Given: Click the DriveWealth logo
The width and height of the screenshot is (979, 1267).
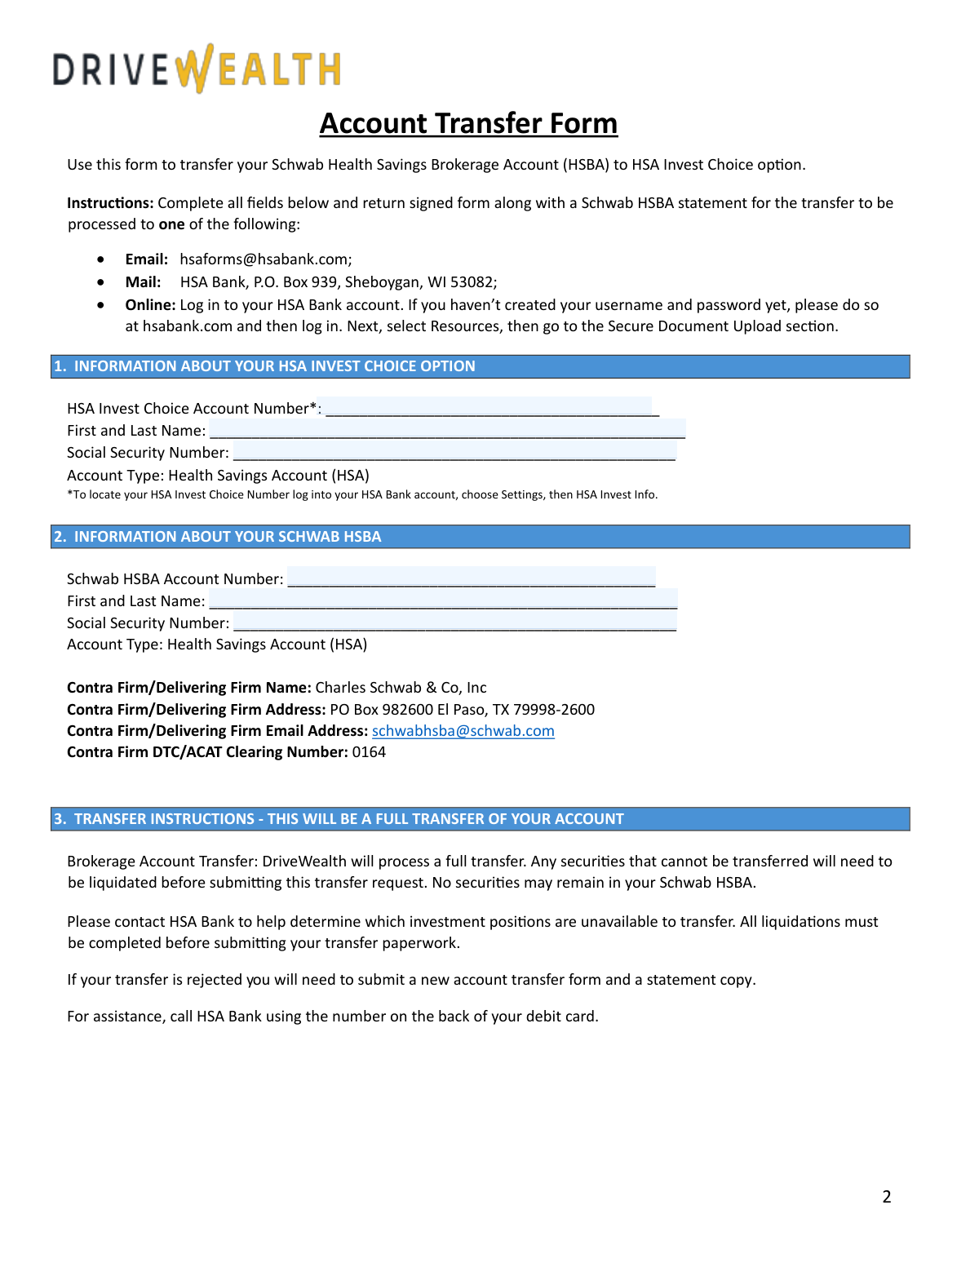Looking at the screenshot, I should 197,69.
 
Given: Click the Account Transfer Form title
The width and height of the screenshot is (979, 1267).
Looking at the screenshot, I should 468,124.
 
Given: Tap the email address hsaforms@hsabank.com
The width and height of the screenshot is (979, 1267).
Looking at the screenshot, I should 266,259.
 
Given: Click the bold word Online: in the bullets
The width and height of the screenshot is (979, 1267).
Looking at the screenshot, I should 150,305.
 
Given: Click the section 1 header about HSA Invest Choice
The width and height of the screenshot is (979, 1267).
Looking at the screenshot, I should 480,366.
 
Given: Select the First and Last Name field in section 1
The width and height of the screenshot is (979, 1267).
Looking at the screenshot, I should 446,430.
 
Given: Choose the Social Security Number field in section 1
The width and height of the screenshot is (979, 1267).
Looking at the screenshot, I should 454,452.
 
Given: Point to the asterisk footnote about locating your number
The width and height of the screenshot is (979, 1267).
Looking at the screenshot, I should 362,494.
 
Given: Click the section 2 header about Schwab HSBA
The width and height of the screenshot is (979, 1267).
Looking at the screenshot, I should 480,537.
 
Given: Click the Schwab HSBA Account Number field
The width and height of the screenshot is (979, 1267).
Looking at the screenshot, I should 471,578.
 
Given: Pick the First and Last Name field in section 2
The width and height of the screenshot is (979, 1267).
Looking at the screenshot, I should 442,600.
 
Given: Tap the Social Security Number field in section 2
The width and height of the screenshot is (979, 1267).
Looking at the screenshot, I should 454,622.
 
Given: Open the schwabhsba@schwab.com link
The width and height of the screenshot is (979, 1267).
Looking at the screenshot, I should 463,731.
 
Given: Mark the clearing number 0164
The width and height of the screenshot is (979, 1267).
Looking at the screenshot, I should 369,752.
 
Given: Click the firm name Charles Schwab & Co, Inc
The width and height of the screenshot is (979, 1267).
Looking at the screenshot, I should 401,688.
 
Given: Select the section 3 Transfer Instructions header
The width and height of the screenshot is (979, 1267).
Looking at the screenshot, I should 480,819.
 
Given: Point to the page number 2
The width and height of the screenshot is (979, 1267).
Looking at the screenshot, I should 887,1197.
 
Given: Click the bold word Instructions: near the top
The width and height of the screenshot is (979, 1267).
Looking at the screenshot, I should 110,203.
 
